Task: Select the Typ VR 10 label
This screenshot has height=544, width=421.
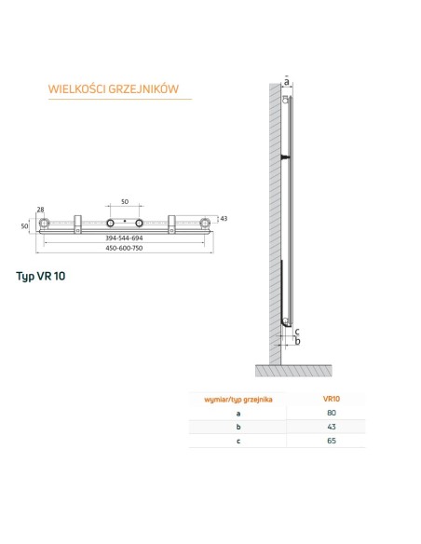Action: (x=41, y=277)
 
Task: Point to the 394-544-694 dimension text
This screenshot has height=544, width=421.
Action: (x=125, y=239)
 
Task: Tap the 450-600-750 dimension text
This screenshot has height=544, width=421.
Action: (x=125, y=249)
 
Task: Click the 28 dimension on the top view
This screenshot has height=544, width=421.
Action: (x=40, y=210)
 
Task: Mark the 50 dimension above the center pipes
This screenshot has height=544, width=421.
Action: (x=125, y=202)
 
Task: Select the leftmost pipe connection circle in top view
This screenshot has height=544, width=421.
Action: (x=43, y=224)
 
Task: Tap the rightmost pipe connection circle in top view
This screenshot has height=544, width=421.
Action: (x=206, y=224)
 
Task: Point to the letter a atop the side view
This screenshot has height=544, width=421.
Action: (x=287, y=82)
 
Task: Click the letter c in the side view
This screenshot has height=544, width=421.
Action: (x=296, y=332)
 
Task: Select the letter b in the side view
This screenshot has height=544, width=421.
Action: (x=296, y=341)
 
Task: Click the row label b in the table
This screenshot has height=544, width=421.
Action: (x=238, y=426)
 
